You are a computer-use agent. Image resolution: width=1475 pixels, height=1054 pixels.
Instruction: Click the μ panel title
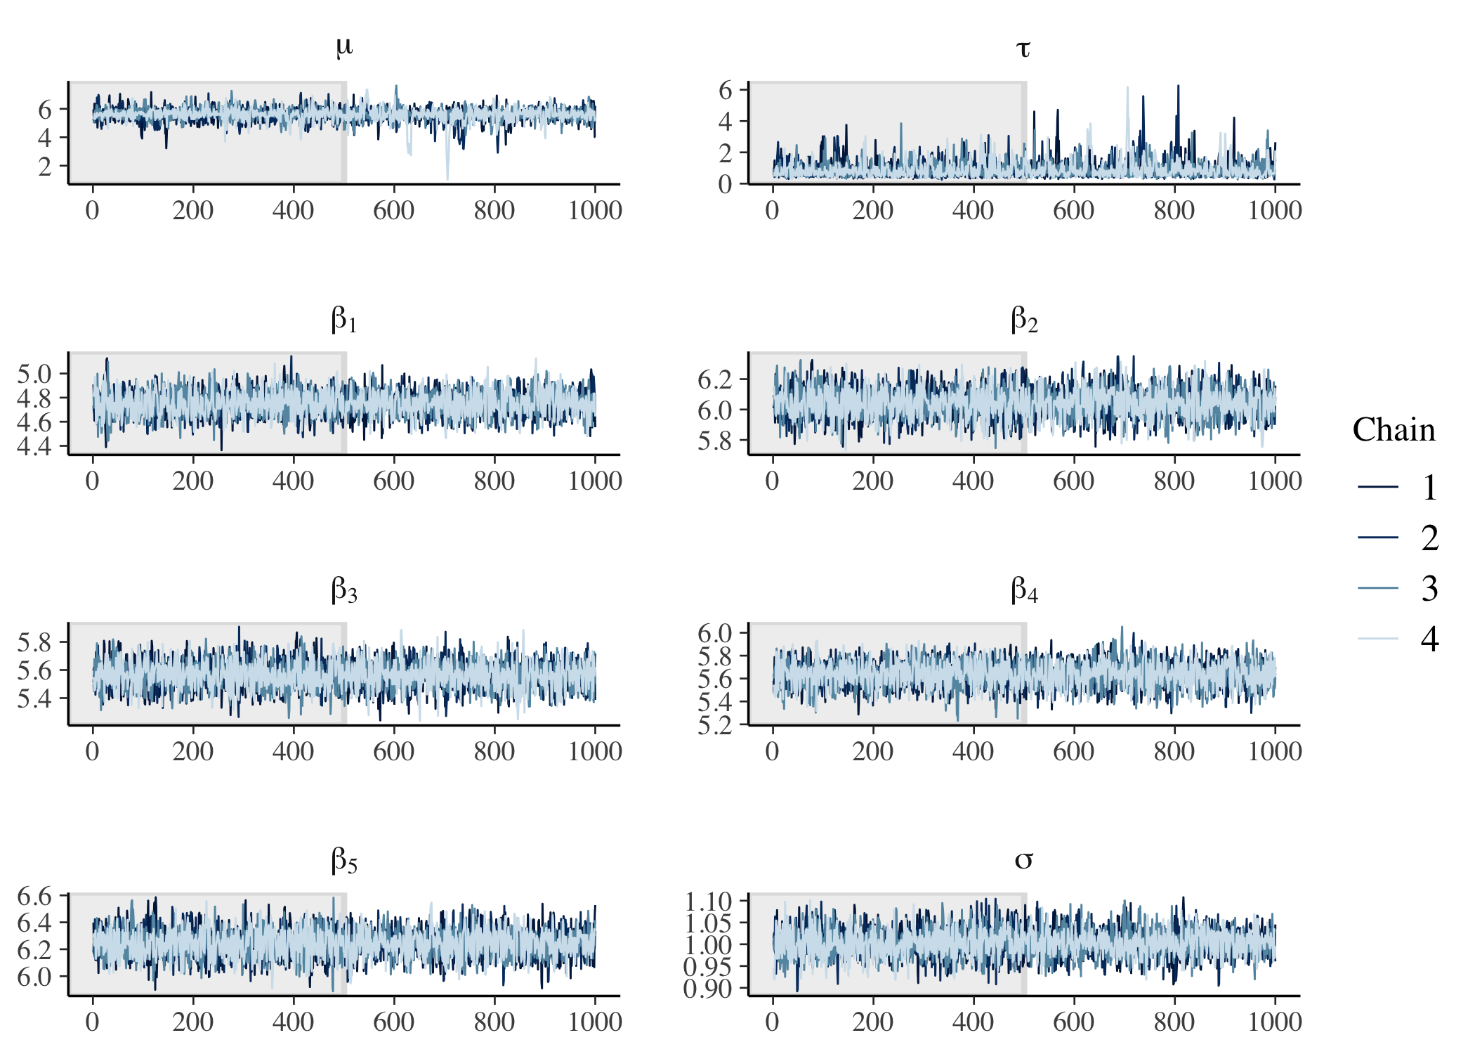[343, 48]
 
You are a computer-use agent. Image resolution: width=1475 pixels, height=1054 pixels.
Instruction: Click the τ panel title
[1023, 49]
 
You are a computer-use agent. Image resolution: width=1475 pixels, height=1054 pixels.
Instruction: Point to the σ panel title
[1023, 860]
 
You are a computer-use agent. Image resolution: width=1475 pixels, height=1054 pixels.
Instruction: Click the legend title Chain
[1394, 430]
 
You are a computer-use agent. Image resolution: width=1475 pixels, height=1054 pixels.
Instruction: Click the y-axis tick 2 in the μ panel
[45, 167]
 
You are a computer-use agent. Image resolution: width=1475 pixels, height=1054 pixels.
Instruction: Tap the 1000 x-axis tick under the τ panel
[1274, 210]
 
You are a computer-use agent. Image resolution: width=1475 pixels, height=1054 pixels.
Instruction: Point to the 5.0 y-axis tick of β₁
[34, 374]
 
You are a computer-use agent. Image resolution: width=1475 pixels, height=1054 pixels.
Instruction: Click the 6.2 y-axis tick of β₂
[714, 379]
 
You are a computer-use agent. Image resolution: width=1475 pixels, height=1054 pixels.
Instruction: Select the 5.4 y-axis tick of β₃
[34, 698]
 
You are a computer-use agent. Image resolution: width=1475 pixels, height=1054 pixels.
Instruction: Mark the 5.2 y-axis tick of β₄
[714, 724]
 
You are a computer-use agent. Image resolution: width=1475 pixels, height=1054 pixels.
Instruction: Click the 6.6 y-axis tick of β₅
[34, 897]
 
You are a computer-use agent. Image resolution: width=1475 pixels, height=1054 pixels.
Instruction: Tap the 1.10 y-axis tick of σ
[709, 901]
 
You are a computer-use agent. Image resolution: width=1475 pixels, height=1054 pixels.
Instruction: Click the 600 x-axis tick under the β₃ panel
[393, 751]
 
